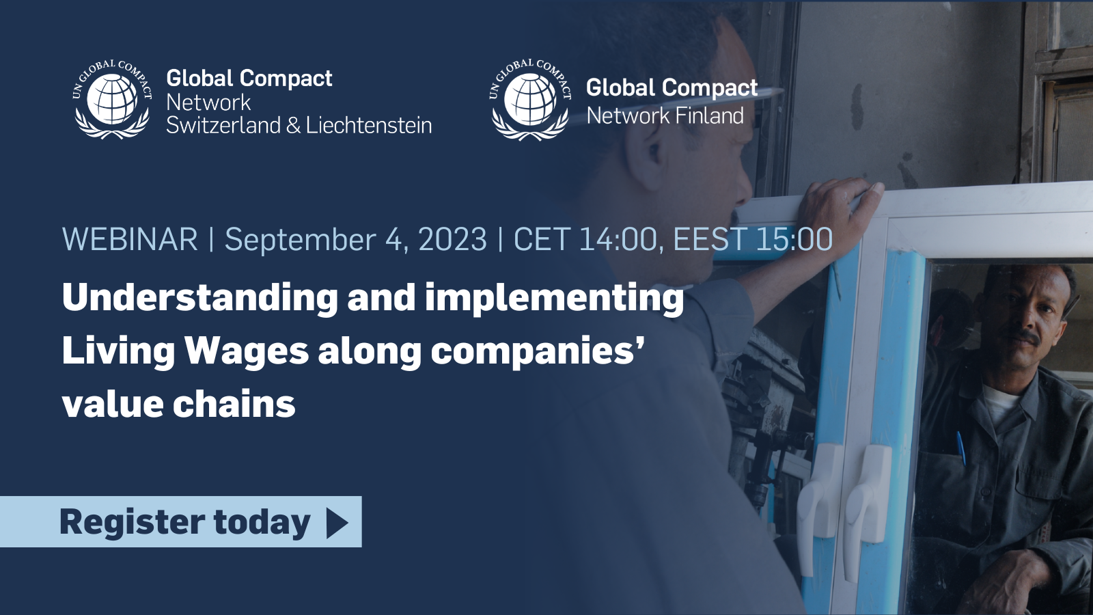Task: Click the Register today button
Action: [180, 521]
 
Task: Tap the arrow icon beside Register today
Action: [337, 522]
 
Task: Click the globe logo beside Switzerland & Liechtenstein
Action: [112, 99]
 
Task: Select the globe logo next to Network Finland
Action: [530, 99]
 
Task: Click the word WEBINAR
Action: [130, 239]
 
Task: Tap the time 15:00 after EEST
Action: [793, 239]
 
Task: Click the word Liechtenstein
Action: [369, 126]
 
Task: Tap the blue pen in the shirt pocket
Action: [960, 448]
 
